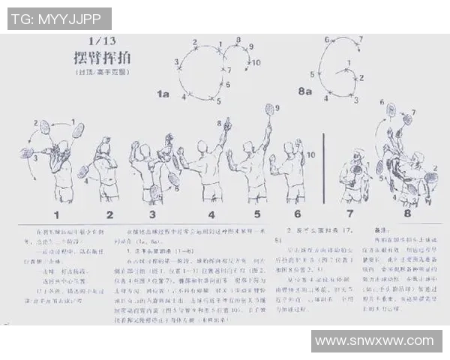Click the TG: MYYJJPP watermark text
coord(59,19)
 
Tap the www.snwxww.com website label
coord(376,341)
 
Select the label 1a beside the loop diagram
coord(163,94)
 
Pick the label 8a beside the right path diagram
coord(304,91)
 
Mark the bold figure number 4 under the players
coord(212,214)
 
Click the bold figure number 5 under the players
coord(256,214)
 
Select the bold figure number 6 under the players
coord(297,214)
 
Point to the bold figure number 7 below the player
coord(349,214)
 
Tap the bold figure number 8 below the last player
coord(407,214)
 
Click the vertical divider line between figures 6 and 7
coord(323,169)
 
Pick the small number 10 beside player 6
coord(312,154)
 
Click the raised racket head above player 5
coord(268,109)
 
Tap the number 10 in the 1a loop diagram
coord(256,63)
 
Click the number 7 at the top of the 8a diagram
coord(360,39)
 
